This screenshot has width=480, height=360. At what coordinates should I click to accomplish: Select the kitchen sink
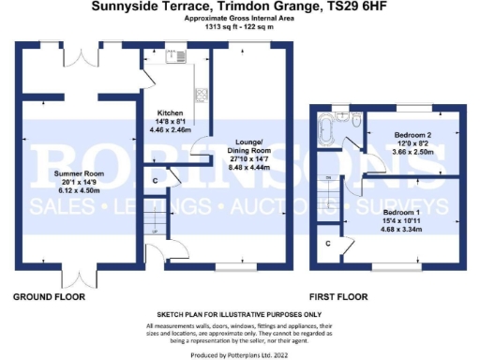(x=173, y=56)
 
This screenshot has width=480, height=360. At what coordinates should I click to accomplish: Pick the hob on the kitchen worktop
(x=200, y=94)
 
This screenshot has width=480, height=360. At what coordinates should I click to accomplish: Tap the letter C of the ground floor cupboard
(x=155, y=179)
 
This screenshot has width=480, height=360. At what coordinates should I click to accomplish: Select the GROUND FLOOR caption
(x=49, y=296)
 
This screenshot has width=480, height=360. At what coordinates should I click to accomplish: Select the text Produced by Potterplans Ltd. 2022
(x=239, y=355)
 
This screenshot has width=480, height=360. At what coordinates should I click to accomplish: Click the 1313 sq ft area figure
(x=218, y=27)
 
